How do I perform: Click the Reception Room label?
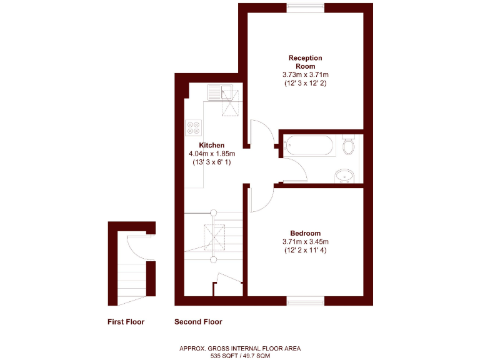[x=305, y=62]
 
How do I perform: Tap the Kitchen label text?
[x=211, y=145]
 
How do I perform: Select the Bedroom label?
[x=305, y=233]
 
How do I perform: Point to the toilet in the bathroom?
[x=349, y=146]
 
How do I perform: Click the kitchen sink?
[x=219, y=92]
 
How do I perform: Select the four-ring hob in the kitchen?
[x=193, y=128]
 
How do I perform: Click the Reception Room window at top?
[x=306, y=7]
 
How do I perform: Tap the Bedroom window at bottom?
[x=305, y=301]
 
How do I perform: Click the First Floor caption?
[x=126, y=322]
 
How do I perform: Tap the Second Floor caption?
[x=198, y=322]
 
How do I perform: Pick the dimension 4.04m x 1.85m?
[x=211, y=154]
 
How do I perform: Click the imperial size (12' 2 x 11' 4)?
[x=305, y=251]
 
